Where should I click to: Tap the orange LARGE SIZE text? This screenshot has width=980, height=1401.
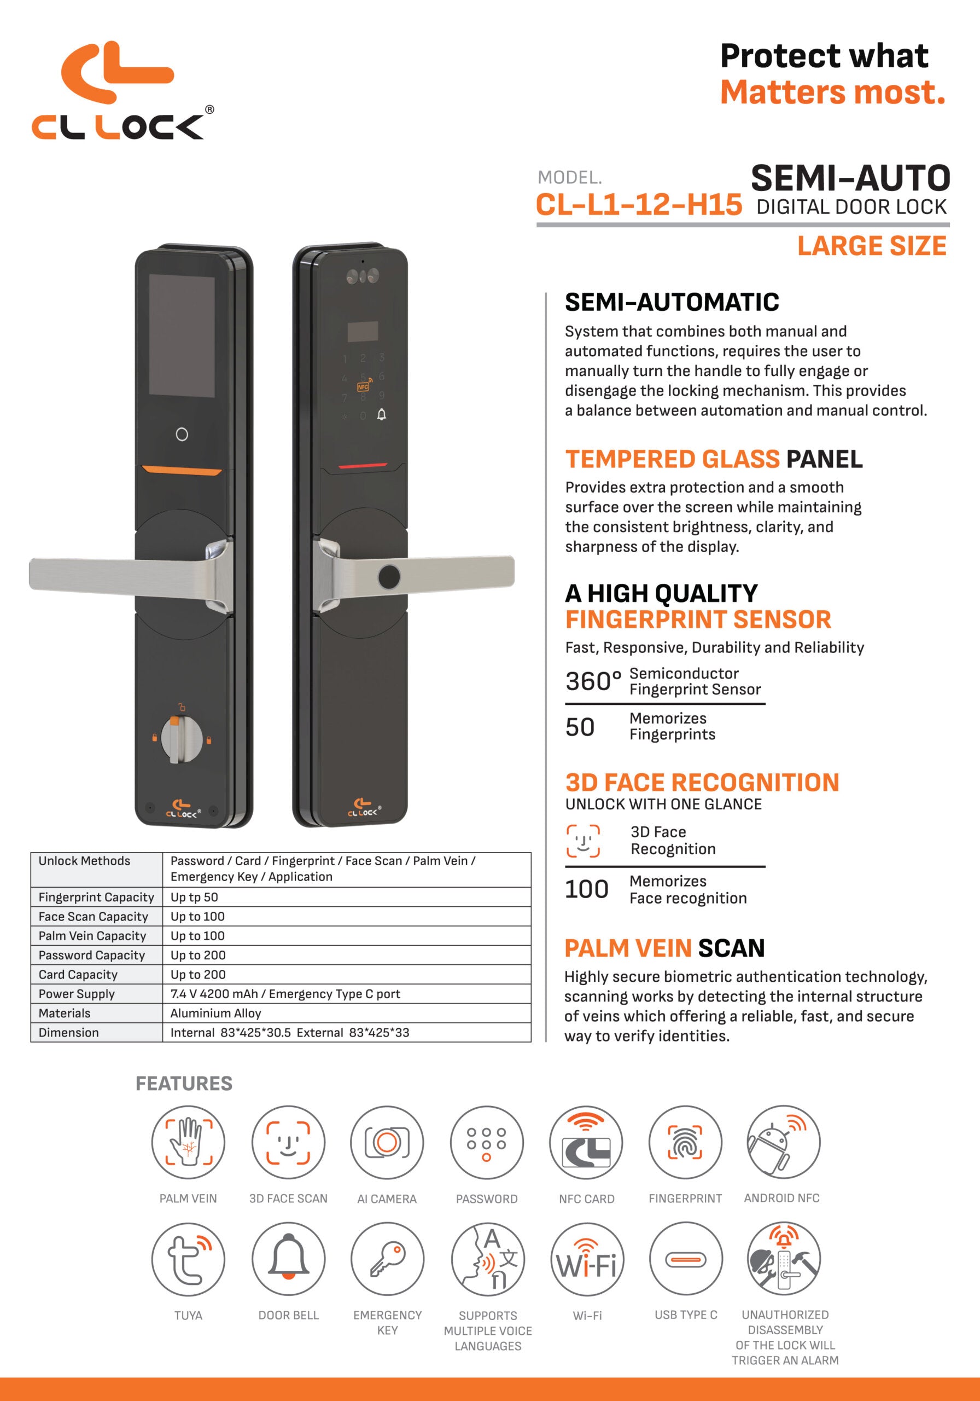click(872, 246)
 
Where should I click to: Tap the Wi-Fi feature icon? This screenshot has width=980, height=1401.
click(587, 1259)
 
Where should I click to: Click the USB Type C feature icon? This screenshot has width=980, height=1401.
click(685, 1259)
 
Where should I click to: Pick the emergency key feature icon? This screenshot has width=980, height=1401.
click(387, 1259)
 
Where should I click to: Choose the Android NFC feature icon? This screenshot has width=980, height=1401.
click(784, 1143)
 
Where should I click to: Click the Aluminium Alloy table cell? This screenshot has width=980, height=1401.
click(216, 1013)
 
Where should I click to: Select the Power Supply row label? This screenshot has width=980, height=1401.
click(77, 993)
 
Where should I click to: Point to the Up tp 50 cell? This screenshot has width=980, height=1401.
click(194, 897)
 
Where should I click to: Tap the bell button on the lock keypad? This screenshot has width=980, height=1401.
click(382, 415)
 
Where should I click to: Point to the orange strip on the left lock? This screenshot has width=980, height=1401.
click(182, 471)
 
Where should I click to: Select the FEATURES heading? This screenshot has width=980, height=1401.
click(184, 1083)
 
